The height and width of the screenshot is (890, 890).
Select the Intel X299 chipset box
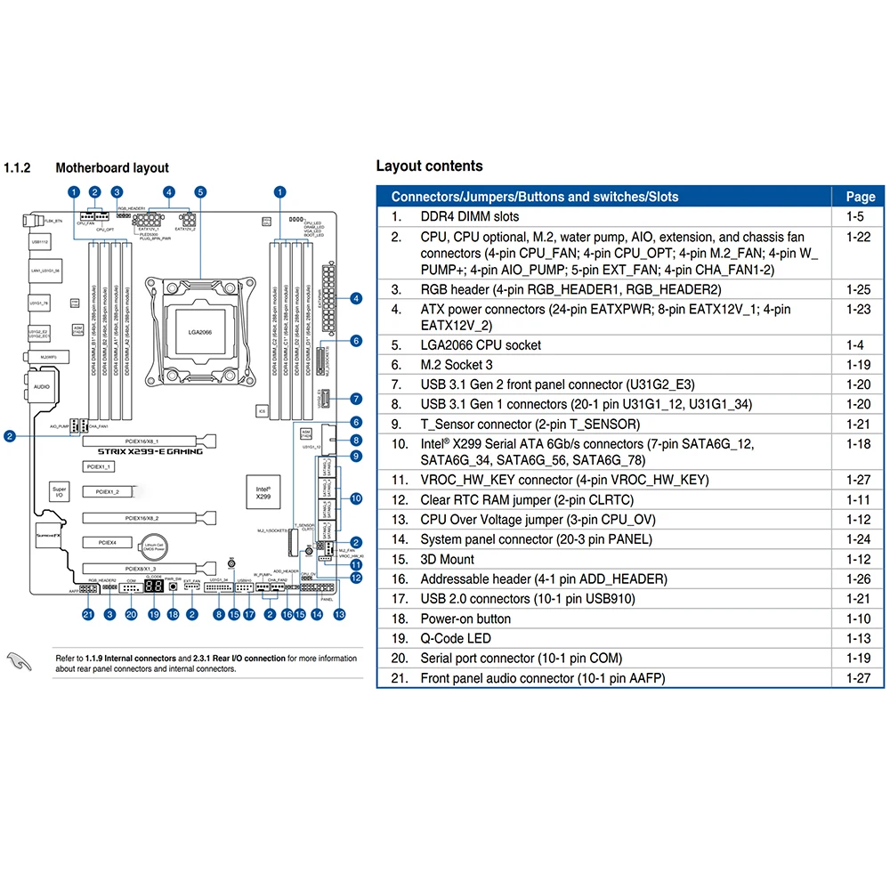coord(263,491)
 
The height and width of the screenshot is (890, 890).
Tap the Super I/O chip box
coord(59,492)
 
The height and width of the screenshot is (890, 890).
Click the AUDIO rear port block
coord(41,387)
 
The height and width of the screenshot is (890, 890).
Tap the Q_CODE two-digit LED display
coord(152,588)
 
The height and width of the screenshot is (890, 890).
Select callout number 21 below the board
coord(87,614)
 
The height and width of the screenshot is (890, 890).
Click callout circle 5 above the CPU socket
coord(200,191)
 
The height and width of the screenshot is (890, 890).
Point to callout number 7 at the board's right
coord(356,399)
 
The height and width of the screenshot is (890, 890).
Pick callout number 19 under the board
coord(152,614)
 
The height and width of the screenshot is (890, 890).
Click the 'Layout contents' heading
coord(429,166)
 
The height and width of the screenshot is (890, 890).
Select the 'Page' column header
coord(860,197)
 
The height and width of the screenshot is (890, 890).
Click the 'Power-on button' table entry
coord(465,619)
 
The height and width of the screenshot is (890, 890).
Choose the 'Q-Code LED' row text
coord(455,638)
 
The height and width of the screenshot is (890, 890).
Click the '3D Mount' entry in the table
coord(447,559)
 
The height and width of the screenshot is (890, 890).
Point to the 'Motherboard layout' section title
coord(112,167)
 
